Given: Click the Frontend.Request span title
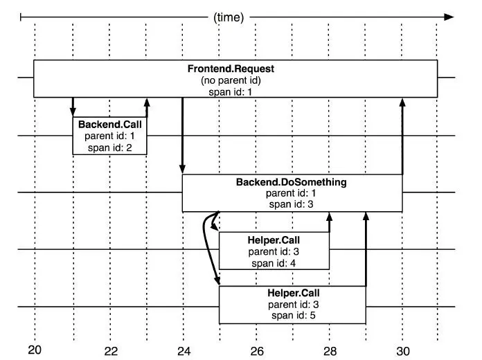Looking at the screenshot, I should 235,69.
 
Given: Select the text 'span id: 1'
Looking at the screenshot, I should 235,91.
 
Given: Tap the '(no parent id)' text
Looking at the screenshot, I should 235,80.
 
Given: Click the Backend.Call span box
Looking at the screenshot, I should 109,136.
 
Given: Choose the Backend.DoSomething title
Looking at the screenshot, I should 292,182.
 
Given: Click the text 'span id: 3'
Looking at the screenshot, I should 292,204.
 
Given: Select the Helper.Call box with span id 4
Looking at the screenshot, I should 274,251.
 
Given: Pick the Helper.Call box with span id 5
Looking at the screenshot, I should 292,305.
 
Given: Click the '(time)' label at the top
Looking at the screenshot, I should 229,17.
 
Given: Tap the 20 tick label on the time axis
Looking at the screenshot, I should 35,350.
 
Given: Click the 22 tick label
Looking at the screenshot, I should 111,350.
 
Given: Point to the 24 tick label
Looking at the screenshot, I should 184,350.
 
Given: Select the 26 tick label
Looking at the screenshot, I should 256,350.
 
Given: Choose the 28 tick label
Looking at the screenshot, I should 330,350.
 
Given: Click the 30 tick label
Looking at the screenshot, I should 403,350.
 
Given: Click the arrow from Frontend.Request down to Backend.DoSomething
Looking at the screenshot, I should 182,136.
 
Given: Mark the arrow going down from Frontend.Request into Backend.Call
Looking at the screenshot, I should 73,107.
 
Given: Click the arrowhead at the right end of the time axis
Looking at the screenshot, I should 449,17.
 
